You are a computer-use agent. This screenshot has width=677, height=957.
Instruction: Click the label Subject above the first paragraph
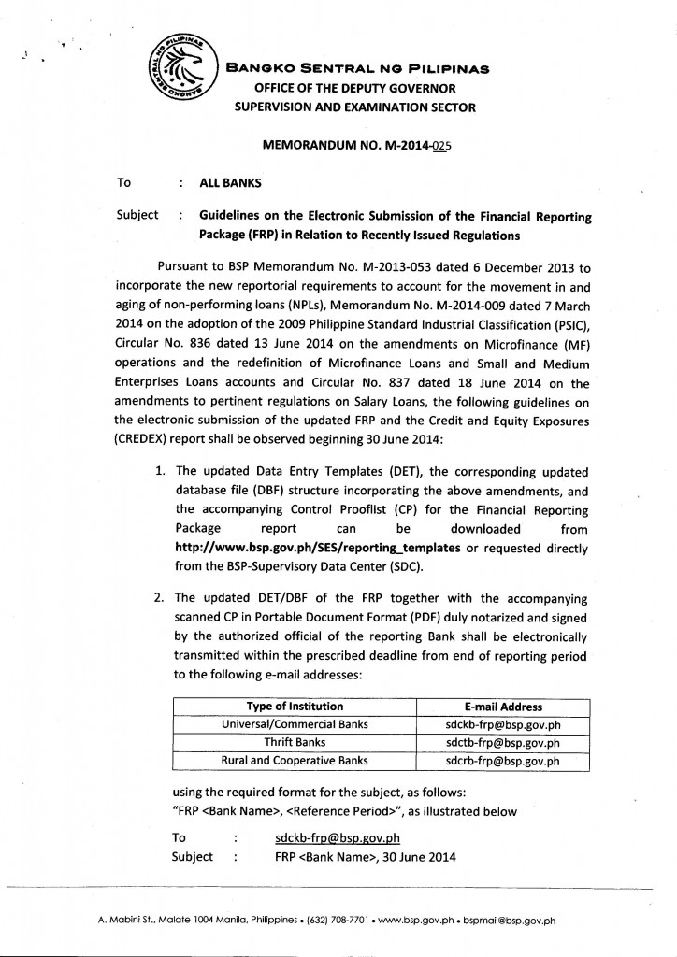[x=137, y=215]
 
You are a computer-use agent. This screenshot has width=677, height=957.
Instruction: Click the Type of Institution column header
[x=295, y=707]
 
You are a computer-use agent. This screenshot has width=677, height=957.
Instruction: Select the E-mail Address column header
[x=502, y=707]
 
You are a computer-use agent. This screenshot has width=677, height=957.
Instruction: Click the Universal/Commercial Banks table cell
[x=295, y=724]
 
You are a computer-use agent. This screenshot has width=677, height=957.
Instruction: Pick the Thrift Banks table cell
[x=295, y=743]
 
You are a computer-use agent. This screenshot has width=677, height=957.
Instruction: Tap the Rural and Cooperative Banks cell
[x=295, y=761]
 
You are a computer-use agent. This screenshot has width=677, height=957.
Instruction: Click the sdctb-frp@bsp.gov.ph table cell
[x=502, y=743]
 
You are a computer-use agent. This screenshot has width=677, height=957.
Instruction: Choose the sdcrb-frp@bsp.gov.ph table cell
[x=502, y=761]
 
